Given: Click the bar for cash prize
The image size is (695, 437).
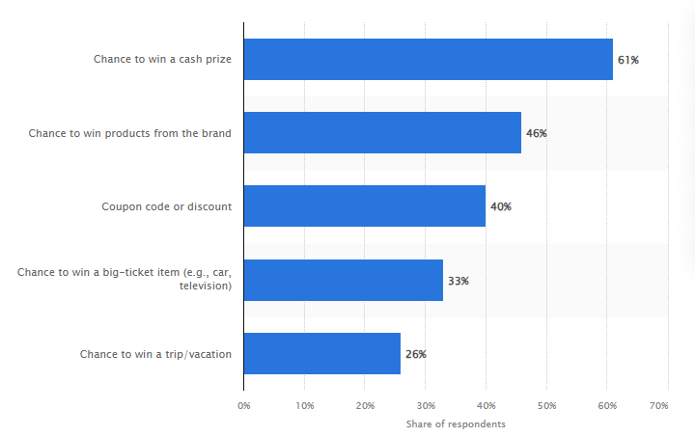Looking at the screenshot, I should pyautogui.click(x=428, y=60).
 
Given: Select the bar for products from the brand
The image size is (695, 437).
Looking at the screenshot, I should pyautogui.click(x=382, y=133).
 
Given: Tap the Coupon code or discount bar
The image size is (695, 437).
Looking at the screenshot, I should pyautogui.click(x=364, y=206).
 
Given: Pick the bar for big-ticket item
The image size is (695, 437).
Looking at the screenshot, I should pyautogui.click(x=343, y=280).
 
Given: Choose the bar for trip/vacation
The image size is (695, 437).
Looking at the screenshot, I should pyautogui.click(x=321, y=353).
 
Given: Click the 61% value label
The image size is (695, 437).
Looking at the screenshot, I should pyautogui.click(x=628, y=60).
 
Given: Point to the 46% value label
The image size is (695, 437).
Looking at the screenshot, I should pyautogui.click(x=537, y=133).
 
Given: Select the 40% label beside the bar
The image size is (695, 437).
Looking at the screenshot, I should pyautogui.click(x=500, y=206).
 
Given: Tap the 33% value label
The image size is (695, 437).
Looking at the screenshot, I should pyautogui.click(x=458, y=281).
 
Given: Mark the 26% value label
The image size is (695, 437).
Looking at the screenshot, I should pyautogui.click(x=416, y=354).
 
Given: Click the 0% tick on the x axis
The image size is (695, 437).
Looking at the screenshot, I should pyautogui.click(x=243, y=405).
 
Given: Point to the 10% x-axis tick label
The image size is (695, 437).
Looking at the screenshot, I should pyautogui.click(x=304, y=405).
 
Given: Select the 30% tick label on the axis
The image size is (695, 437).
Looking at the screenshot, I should pyautogui.click(x=425, y=405).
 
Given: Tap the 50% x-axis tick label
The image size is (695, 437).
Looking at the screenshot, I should pyautogui.click(x=546, y=405).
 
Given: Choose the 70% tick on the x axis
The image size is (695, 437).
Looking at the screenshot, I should pyautogui.click(x=660, y=405).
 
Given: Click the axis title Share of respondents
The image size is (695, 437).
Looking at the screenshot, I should pyautogui.click(x=456, y=424).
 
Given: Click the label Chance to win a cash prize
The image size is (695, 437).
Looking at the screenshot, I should pyautogui.click(x=162, y=60).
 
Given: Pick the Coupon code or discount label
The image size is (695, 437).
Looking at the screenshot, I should pyautogui.click(x=166, y=206).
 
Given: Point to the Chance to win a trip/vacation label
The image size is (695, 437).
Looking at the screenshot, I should pyautogui.click(x=155, y=354).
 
